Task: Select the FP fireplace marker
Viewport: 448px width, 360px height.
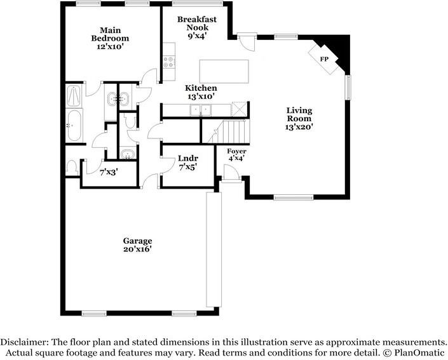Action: pyautogui.click(x=324, y=59)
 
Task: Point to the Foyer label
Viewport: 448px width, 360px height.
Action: pyautogui.click(x=236, y=151)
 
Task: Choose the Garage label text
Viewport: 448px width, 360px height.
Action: pyautogui.click(x=137, y=241)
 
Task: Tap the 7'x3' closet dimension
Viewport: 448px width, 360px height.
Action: pyautogui.click(x=109, y=171)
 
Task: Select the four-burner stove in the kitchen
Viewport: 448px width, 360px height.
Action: pyautogui.click(x=169, y=62)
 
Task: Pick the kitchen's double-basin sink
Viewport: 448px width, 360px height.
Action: pyautogui.click(x=201, y=110)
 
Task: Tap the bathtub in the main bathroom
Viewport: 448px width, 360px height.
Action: pyautogui.click(x=74, y=126)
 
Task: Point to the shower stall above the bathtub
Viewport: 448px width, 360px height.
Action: pyautogui.click(x=74, y=97)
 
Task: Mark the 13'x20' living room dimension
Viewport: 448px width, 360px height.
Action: pyautogui.click(x=299, y=127)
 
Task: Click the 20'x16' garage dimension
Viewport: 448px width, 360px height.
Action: pyautogui.click(x=137, y=249)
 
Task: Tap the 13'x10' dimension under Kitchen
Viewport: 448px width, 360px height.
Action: pyautogui.click(x=201, y=97)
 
